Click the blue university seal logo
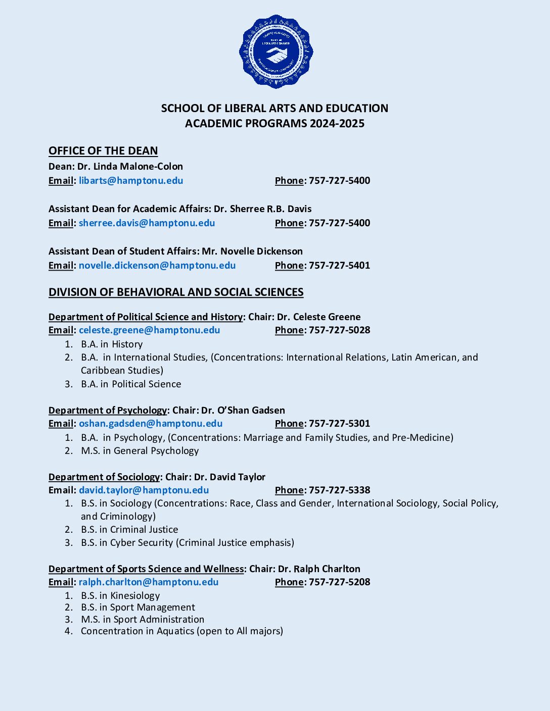pos(276,52)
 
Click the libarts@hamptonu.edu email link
pos(131,181)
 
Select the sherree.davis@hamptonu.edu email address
pos(147,223)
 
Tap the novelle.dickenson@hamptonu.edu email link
pos(157,266)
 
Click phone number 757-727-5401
pos(339,266)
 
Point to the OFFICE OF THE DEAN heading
pos(103,151)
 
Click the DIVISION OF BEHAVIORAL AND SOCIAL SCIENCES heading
pos(176,292)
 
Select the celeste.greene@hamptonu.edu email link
pos(149,330)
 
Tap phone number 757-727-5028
pos(339,330)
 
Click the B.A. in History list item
pos(112,344)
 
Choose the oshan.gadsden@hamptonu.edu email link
pos(151,424)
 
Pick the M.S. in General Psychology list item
pos(140,451)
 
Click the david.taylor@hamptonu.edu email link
pos(144,490)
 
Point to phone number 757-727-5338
pos(339,490)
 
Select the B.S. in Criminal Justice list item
pos(129,530)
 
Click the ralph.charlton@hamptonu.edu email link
pos(149,582)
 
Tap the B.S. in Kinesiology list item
pos(120,596)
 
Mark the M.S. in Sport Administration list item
pos(143,620)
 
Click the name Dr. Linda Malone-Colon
pos(130,167)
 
